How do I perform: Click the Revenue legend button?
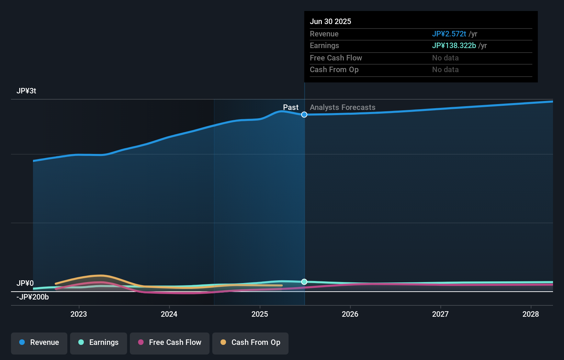pos(39,343)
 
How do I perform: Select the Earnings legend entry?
pos(99,343)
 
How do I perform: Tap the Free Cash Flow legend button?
pos(170,343)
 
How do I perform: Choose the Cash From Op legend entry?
pos(250,343)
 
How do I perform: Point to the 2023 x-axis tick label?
pos(79,314)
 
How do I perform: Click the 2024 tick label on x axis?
pos(169,314)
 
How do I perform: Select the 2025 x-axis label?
pos(260,314)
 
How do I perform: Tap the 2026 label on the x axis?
pos(350,314)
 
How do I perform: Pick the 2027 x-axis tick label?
pos(440,314)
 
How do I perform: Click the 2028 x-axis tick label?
pos(531,314)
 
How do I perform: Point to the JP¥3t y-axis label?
pos(26,91)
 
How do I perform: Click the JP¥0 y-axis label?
pos(25,283)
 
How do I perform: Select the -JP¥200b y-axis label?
pos(33,297)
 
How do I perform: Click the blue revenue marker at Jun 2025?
pos(304,115)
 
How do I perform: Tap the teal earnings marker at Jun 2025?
pos(304,282)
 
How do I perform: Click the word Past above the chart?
pos(291,108)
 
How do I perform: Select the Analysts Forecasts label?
pos(342,108)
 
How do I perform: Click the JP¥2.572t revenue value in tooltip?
pos(449,34)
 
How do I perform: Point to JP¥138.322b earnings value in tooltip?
pos(454,46)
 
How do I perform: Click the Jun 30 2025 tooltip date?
pos(330,22)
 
